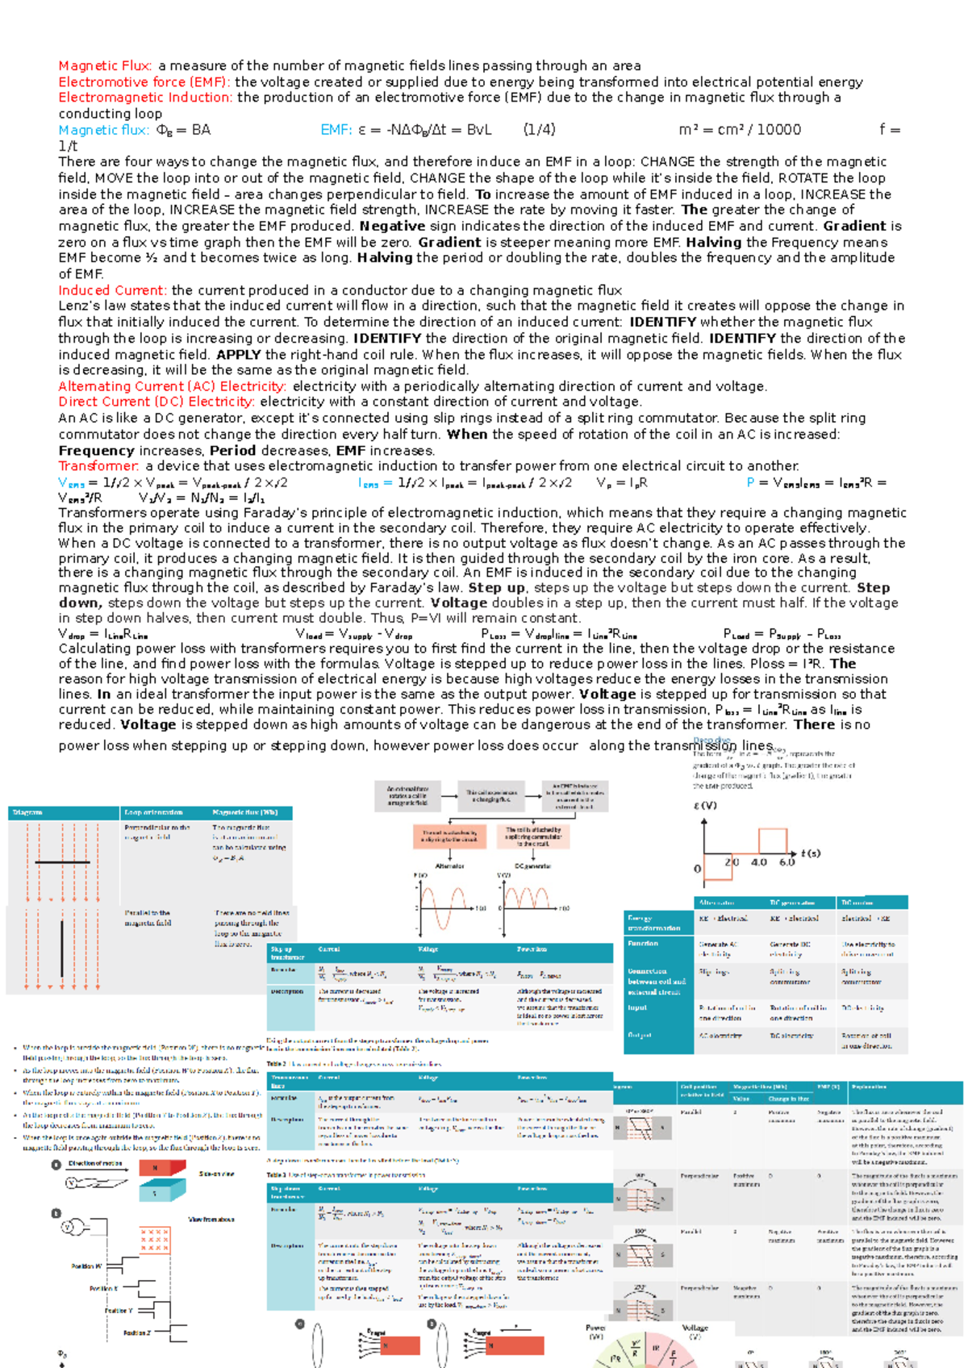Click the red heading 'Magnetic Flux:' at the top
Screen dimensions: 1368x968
point(104,66)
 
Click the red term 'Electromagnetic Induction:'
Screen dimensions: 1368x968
point(145,98)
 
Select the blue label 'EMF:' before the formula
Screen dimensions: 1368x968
point(336,130)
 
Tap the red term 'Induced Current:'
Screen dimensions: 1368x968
point(112,290)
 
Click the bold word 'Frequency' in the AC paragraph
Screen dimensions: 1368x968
point(96,451)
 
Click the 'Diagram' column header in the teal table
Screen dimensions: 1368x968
point(28,812)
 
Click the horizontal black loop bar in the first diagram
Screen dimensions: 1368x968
point(62,862)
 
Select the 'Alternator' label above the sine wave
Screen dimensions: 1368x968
point(449,865)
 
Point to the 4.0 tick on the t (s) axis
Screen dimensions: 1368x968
point(759,862)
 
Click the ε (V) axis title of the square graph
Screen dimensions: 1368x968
point(705,805)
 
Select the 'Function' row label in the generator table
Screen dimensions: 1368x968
point(643,943)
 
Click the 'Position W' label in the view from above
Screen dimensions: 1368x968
point(86,1266)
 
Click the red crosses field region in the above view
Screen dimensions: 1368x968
point(154,1240)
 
